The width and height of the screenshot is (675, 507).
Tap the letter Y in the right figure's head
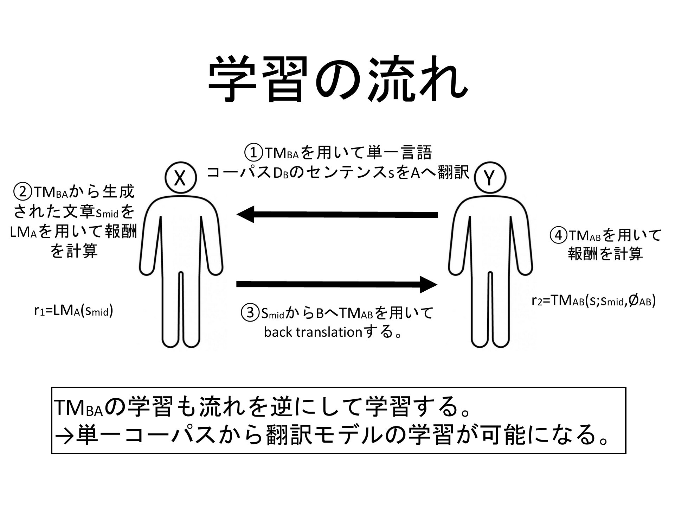click(489, 178)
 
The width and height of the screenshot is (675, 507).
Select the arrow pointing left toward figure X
click(337, 215)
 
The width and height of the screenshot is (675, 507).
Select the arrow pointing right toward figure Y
click(337, 284)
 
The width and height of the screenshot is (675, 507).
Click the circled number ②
click(22, 192)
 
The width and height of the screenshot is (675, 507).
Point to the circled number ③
click(250, 313)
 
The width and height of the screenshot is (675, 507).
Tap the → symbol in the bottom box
click(64, 436)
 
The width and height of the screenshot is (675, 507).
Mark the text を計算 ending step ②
click(74, 251)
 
